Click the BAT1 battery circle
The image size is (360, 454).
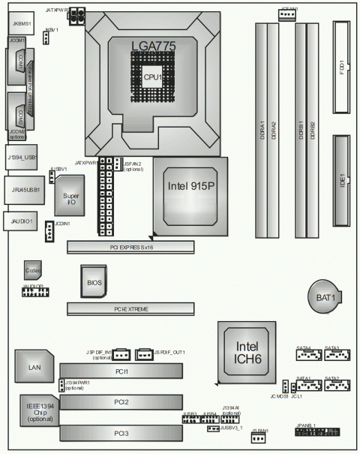point(325,299)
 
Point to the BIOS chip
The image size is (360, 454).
point(94,282)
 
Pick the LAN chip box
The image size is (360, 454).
point(34,366)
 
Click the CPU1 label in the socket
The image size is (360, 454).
point(154,77)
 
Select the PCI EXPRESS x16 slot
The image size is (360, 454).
point(130,245)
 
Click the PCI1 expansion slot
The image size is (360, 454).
point(121,371)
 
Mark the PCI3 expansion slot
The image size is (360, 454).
point(121,433)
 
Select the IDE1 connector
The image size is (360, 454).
point(342,180)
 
